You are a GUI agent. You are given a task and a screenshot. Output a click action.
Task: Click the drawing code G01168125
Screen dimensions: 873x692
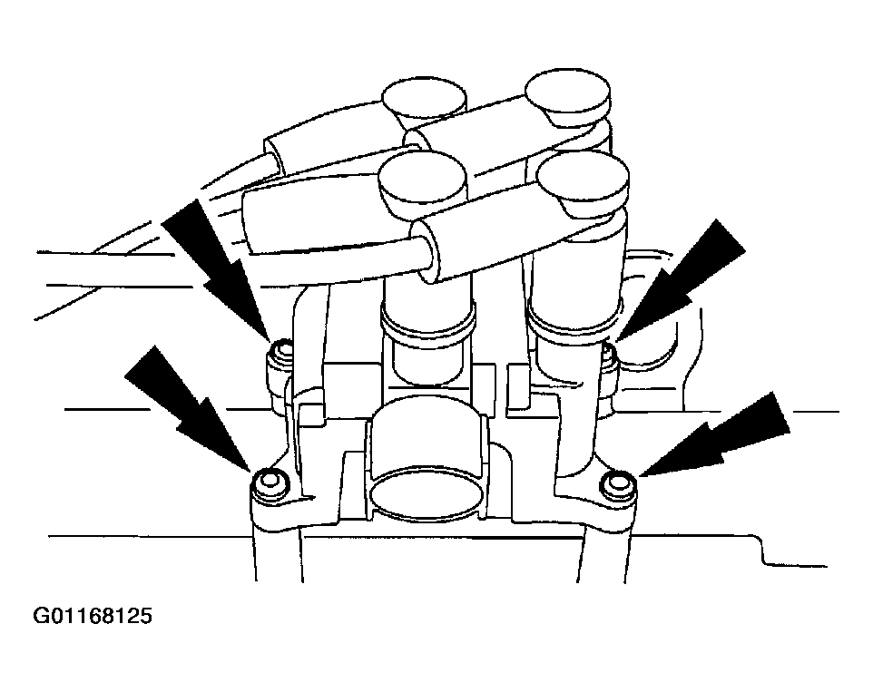coord(93,616)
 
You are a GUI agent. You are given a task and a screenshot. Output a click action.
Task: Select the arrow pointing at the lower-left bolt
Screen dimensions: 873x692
coord(188,408)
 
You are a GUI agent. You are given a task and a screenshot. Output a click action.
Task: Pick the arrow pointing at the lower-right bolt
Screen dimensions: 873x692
coord(715,435)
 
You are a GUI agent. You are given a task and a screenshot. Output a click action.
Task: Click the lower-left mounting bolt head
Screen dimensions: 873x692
coord(270,482)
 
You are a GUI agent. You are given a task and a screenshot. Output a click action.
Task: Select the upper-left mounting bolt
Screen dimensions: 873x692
coord(280,362)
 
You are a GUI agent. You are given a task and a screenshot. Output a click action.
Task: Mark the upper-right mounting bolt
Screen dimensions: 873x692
coord(610,362)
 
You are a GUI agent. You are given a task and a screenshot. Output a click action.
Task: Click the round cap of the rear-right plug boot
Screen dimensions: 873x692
coord(568,96)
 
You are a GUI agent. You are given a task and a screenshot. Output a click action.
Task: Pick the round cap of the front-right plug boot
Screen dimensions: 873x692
coord(583,180)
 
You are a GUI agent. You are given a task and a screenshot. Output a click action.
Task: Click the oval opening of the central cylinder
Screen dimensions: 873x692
coord(427,492)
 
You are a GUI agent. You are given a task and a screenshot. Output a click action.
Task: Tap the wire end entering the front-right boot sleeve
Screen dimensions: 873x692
coord(427,255)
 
